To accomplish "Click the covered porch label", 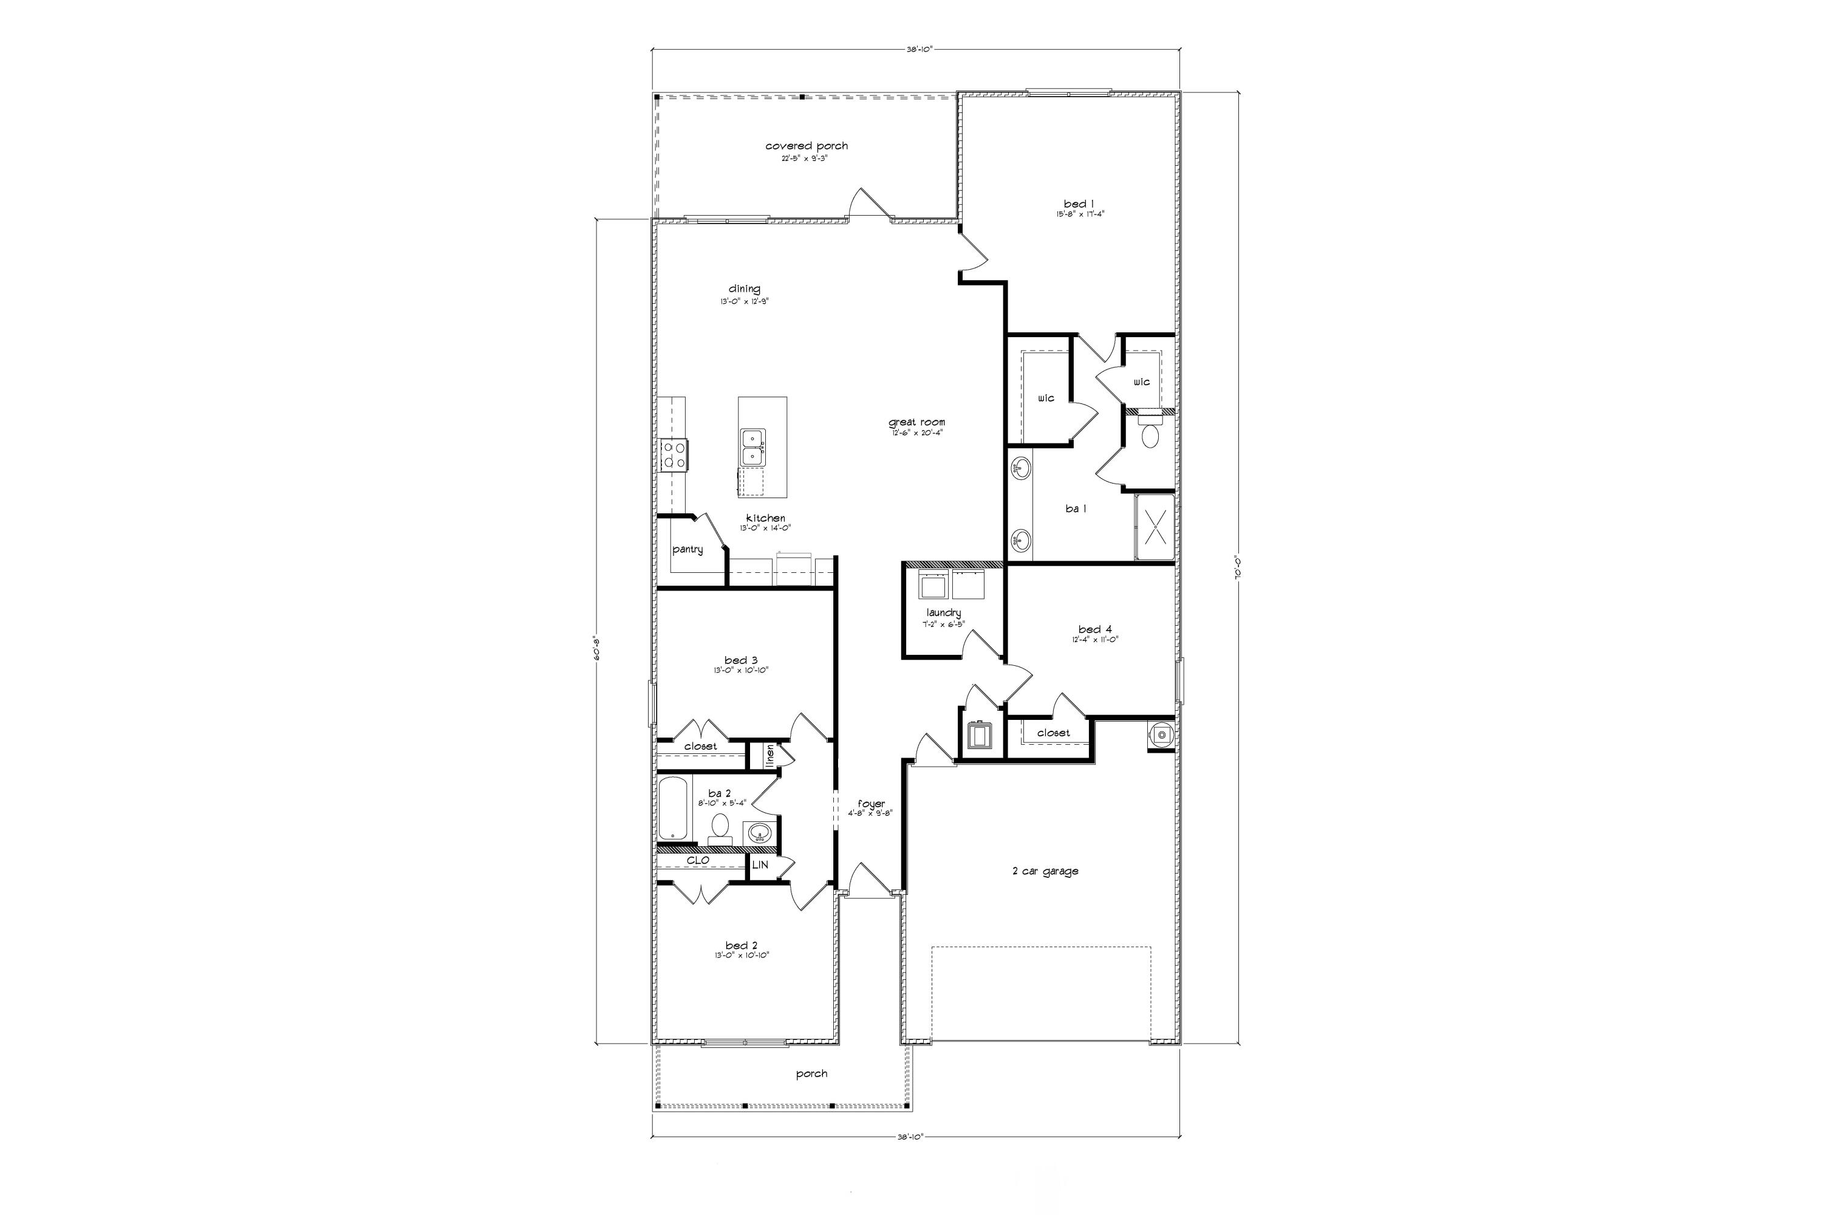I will (807, 146).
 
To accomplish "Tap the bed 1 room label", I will (1079, 204).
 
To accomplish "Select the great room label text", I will (916, 422).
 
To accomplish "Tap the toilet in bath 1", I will (1150, 435).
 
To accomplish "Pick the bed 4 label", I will (1094, 629).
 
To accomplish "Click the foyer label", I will (871, 804).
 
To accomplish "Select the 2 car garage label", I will (1045, 871).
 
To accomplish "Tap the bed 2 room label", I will (742, 945).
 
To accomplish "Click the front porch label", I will (811, 1073).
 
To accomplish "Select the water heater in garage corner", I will (1161, 734).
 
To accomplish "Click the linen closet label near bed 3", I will (770, 756).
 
